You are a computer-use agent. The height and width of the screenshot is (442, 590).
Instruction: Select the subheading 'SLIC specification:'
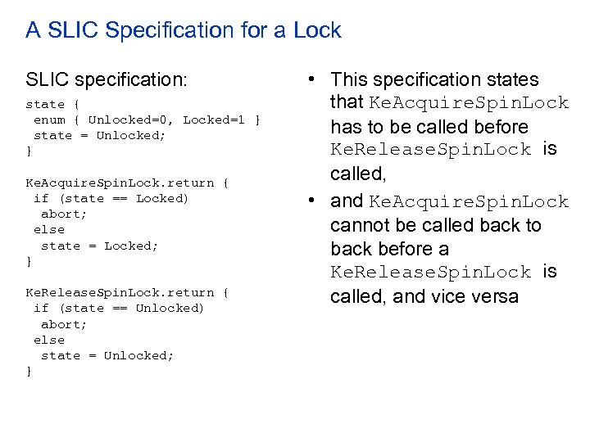[107, 80]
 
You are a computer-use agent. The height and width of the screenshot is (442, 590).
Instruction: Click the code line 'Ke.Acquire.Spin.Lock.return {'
[127, 183]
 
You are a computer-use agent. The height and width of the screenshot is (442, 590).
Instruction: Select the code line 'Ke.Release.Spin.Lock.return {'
[127, 293]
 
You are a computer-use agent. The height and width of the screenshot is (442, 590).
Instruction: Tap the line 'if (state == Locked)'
[111, 199]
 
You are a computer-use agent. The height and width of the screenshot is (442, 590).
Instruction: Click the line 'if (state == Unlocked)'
[119, 309]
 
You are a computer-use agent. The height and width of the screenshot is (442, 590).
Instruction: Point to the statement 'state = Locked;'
[99, 246]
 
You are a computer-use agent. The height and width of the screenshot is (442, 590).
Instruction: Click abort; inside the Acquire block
[64, 214]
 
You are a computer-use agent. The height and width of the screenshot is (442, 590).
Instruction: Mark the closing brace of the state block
[29, 151]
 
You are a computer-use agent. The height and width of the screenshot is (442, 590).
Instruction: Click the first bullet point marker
[313, 80]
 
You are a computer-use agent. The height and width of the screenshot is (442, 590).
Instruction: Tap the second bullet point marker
[313, 201]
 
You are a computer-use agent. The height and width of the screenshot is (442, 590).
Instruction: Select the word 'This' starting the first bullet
[350, 80]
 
